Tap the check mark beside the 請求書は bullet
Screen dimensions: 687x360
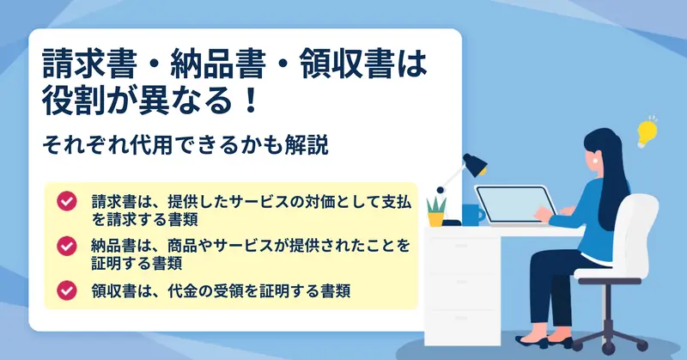pyautogui.click(x=67, y=201)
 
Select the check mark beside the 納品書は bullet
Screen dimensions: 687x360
pyautogui.click(x=67, y=246)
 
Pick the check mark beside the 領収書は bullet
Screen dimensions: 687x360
pyautogui.click(x=67, y=290)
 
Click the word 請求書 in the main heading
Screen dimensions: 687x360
pyautogui.click(x=89, y=64)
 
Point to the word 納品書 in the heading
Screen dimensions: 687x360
pyautogui.click(x=218, y=64)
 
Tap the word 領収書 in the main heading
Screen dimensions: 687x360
pyautogui.click(x=346, y=64)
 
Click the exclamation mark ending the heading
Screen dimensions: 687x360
pyautogui.click(x=251, y=101)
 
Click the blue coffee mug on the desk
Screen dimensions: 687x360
pyautogui.click(x=473, y=215)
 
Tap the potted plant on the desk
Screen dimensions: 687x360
pyautogui.click(x=436, y=211)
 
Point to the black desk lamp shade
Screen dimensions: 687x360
pyautogui.click(x=476, y=164)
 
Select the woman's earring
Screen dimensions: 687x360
pyautogui.click(x=595, y=161)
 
